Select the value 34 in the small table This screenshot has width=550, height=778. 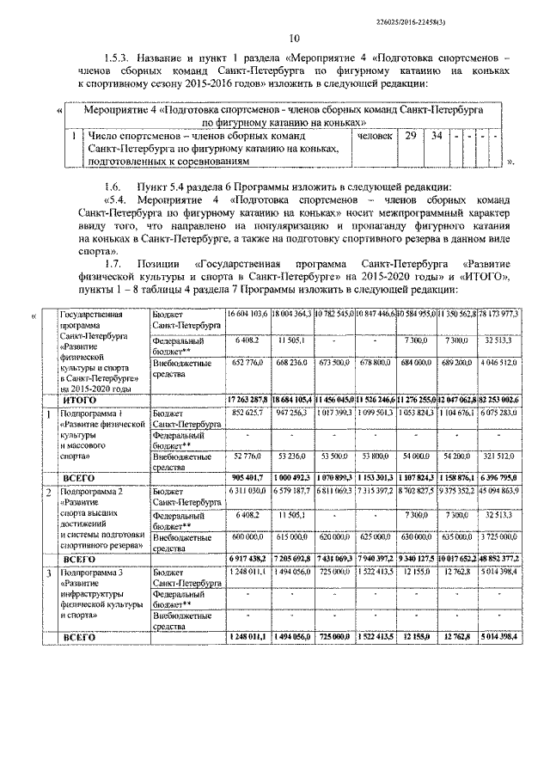click(437, 136)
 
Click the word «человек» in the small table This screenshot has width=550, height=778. click(375, 136)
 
